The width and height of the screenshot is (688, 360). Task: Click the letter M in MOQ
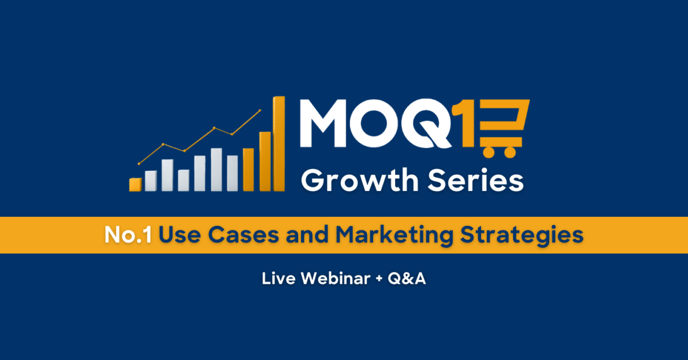pos(323,123)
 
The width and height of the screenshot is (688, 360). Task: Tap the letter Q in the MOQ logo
pos(427,123)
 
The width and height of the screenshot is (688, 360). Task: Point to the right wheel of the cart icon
pos(510,152)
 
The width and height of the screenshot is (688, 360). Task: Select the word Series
pos(476,180)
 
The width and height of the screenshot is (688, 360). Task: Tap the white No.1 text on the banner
pos(128,235)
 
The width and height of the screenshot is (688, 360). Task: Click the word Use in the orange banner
pos(179,235)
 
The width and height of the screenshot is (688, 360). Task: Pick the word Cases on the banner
pos(244,235)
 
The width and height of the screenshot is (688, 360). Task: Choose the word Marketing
pos(394,236)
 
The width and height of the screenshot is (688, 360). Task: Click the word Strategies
pos(522,236)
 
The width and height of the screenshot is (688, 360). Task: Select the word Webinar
pos(335,278)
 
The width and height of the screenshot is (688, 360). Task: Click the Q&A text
pos(406,278)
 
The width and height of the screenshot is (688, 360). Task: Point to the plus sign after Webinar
pos(379,279)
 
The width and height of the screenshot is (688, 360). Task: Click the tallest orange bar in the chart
pos(279,144)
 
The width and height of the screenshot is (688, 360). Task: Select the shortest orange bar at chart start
pos(135,185)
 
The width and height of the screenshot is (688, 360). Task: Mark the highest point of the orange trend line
pos(260,110)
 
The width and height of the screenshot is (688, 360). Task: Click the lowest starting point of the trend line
pos(139,164)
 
